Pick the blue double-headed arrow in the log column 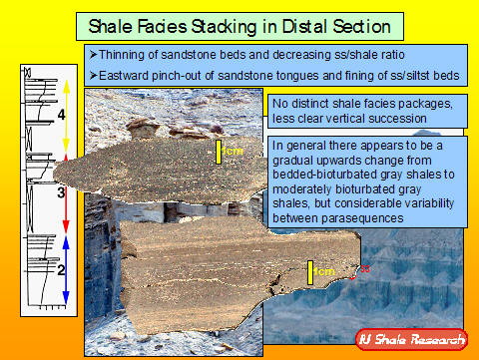(x=66, y=268)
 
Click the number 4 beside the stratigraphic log (x=60, y=117)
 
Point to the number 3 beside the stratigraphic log (x=60, y=192)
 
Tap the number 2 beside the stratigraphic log (x=60, y=269)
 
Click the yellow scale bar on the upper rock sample (x=219, y=152)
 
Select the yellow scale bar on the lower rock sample (x=311, y=271)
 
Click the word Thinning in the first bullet (x=122, y=55)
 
